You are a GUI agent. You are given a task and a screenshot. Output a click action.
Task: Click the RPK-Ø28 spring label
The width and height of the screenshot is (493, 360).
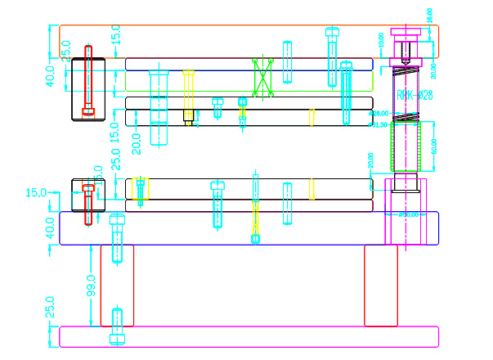[x=415, y=96]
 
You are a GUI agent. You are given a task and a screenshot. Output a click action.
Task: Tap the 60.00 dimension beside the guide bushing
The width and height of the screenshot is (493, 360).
[x=434, y=146]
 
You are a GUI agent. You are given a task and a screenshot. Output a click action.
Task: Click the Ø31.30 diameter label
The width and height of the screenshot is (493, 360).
[x=379, y=125]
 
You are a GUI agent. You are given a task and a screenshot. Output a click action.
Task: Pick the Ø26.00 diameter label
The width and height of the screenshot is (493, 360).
[x=379, y=113]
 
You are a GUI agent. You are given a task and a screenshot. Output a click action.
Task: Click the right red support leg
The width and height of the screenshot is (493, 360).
[x=380, y=285]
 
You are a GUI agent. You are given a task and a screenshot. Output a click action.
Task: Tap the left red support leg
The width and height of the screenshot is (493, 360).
[x=117, y=285]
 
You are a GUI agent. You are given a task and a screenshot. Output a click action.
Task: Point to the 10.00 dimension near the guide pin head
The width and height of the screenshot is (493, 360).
[x=380, y=38]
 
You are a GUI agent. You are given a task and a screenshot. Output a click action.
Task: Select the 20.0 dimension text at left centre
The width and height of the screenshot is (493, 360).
[x=137, y=142]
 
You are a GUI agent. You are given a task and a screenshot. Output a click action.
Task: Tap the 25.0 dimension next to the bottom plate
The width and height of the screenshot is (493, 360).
[x=51, y=307]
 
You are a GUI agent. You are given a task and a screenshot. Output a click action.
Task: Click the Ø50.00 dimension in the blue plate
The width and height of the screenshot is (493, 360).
[x=408, y=214]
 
